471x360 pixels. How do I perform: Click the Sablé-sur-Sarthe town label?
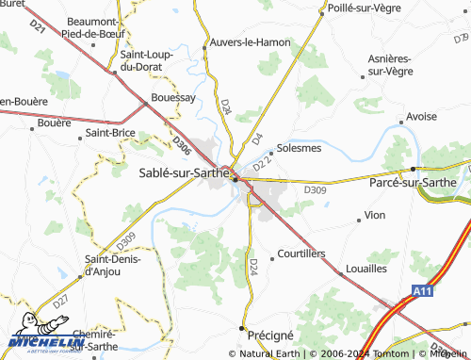click(x=184, y=172)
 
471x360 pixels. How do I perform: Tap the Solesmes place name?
click(x=300, y=148)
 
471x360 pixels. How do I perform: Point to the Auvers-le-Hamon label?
click(x=249, y=42)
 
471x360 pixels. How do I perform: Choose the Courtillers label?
click(x=302, y=254)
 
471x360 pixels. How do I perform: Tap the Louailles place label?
click(x=366, y=269)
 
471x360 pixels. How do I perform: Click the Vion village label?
click(x=375, y=216)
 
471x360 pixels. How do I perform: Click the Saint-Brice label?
click(x=110, y=133)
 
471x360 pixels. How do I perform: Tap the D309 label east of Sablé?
click(x=315, y=189)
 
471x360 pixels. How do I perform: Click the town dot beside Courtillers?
click(x=271, y=255)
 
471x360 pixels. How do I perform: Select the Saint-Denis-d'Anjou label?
click(x=114, y=266)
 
